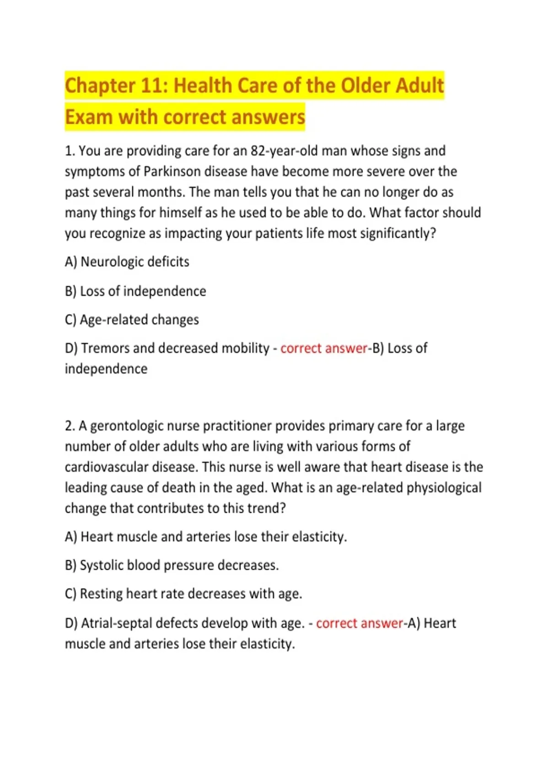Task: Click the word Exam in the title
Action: tap(89, 117)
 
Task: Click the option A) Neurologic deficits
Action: tap(127, 262)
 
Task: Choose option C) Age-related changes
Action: tap(132, 319)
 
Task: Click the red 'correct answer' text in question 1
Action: tap(323, 348)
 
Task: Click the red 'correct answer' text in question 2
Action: tap(359, 623)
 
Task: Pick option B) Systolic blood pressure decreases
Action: tap(172, 565)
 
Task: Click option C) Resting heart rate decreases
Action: tap(183, 594)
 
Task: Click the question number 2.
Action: tap(70, 426)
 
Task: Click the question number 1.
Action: tap(70, 151)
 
